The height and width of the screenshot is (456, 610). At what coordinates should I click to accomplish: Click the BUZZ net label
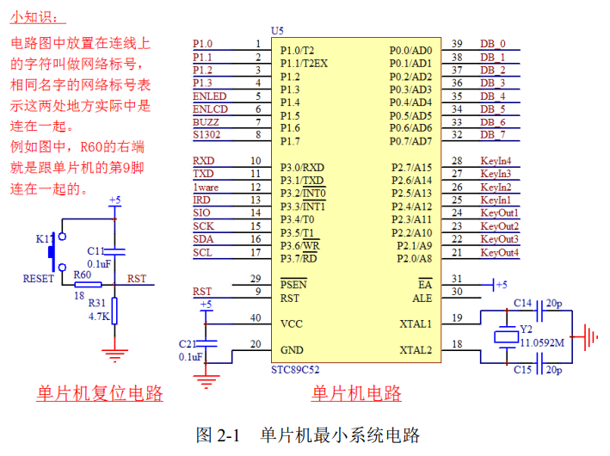(206, 122)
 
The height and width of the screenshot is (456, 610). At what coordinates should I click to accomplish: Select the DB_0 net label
(493, 44)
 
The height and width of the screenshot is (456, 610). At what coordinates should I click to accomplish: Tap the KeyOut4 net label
(499, 252)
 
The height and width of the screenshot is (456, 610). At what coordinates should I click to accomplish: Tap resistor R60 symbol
(86, 284)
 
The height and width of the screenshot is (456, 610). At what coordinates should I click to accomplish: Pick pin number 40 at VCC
(255, 318)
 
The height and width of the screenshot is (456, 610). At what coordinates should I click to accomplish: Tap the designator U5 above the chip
(277, 30)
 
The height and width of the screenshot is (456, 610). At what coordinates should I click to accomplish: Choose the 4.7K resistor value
(98, 317)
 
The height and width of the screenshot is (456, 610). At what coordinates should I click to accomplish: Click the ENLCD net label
(210, 109)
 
